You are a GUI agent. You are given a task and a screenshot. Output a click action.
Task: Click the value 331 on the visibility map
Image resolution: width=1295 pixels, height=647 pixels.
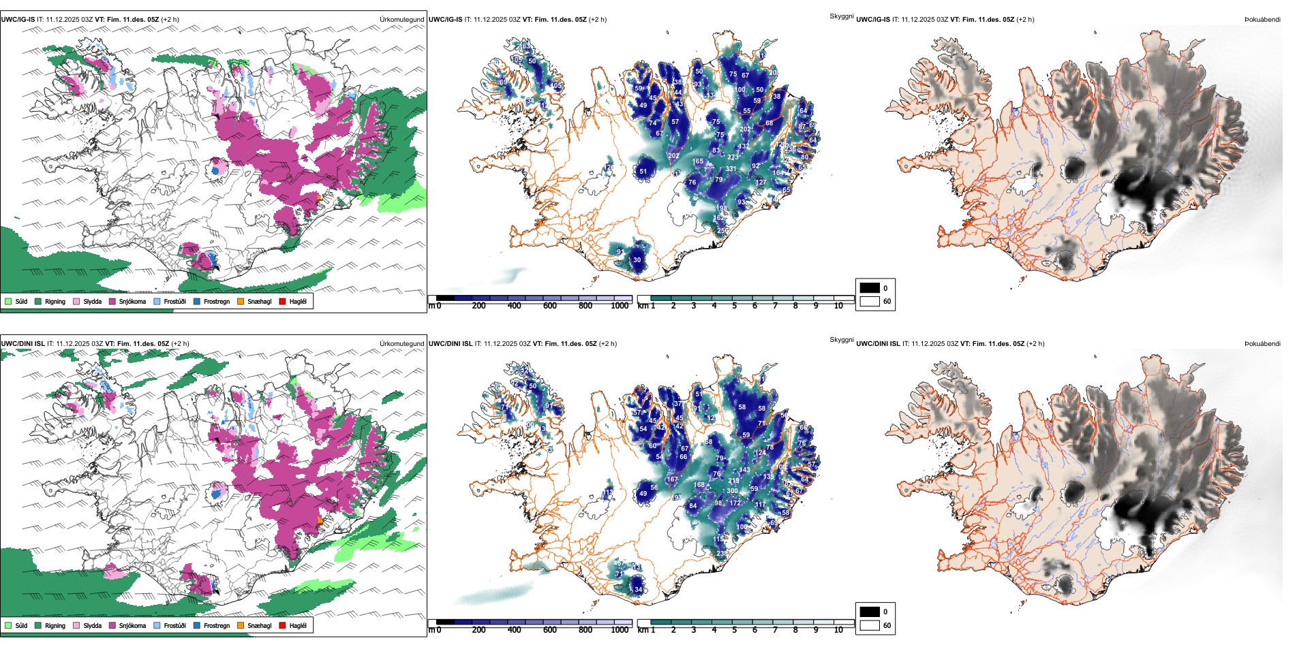(x=731, y=169)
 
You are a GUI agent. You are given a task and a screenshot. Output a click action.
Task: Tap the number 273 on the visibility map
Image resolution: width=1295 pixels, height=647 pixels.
(x=733, y=157)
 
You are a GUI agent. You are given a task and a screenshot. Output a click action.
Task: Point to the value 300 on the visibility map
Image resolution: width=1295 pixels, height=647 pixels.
(x=732, y=490)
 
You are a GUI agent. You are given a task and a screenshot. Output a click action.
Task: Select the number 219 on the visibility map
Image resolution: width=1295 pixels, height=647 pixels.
(x=733, y=481)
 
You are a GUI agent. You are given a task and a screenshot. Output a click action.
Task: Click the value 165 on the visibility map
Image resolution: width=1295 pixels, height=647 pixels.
(x=698, y=161)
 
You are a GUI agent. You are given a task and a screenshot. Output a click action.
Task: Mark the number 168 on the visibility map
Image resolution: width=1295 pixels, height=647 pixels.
(x=699, y=485)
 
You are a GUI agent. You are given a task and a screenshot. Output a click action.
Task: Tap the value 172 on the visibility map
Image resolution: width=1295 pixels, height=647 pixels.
(x=735, y=503)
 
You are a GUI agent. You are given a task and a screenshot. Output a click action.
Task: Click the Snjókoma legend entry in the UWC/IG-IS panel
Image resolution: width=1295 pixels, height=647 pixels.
(x=132, y=301)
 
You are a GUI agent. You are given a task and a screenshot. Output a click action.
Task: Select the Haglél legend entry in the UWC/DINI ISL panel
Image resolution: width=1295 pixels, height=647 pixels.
(x=298, y=625)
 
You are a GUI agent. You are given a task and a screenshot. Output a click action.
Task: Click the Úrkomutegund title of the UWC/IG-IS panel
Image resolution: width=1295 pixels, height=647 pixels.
(x=401, y=19)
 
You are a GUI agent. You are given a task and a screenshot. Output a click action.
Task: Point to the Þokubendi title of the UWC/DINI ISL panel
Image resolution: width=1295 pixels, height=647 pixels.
(x=1262, y=343)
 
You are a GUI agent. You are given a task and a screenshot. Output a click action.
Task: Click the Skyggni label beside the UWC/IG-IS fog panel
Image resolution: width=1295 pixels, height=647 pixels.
(x=841, y=16)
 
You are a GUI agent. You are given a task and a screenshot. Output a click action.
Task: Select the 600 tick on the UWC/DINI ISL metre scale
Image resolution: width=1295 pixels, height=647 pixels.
(x=549, y=630)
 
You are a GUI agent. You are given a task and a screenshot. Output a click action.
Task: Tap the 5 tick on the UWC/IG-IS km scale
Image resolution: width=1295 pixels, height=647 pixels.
(x=734, y=306)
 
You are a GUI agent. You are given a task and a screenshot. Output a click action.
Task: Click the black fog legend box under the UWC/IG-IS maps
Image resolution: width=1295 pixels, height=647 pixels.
(x=870, y=287)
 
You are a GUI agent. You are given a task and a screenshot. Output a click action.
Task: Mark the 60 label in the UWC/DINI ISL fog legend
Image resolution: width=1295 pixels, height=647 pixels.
(x=887, y=625)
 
